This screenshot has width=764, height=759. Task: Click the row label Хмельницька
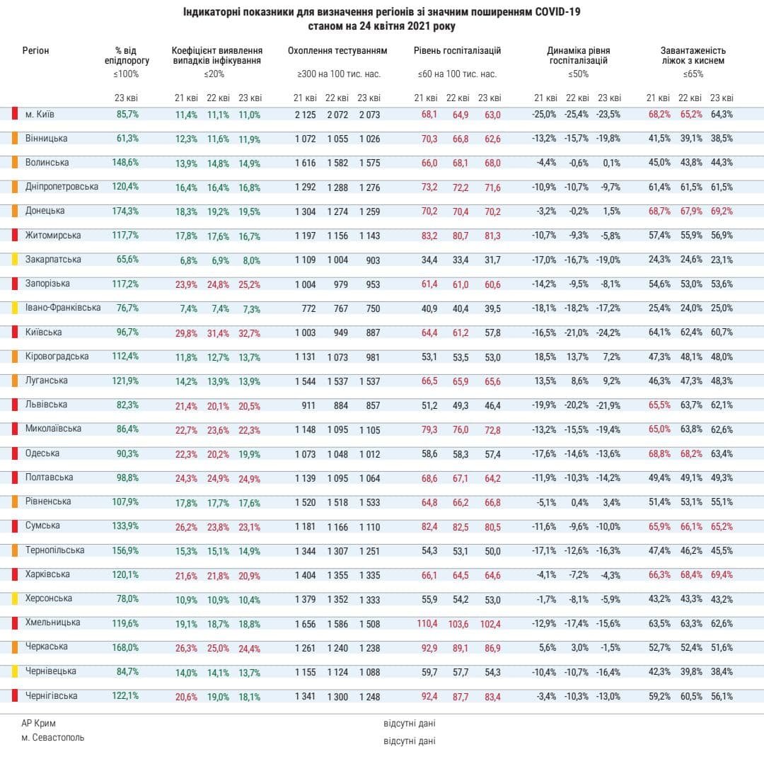(x=52, y=622)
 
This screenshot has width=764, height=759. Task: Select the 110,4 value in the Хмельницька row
(x=427, y=624)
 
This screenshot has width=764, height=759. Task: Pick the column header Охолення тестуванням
(x=337, y=51)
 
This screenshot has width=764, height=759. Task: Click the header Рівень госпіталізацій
(x=457, y=51)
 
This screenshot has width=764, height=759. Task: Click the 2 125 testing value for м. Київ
(x=306, y=115)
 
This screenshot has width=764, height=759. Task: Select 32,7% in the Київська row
(x=249, y=333)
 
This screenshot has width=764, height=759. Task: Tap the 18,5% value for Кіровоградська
(x=545, y=357)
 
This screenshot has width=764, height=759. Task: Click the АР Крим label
(x=38, y=724)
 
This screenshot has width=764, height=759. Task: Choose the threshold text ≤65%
(x=693, y=74)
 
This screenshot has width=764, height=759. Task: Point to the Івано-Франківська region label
(x=63, y=308)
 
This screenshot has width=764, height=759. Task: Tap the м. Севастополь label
(x=53, y=738)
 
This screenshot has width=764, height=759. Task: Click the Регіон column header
(x=35, y=51)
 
